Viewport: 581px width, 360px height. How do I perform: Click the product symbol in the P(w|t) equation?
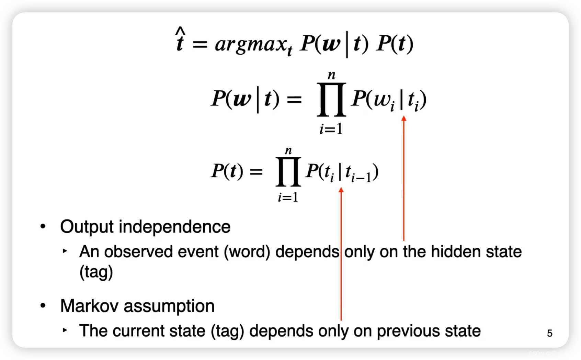point(331,100)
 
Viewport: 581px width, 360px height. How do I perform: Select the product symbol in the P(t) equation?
point(288,171)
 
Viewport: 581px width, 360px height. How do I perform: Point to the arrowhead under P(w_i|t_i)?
point(404,119)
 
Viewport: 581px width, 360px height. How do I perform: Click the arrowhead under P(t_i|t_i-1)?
point(341,190)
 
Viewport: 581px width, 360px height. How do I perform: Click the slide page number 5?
point(549,333)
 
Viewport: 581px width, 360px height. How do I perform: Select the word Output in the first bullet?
point(87,227)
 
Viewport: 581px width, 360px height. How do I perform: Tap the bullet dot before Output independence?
point(43,226)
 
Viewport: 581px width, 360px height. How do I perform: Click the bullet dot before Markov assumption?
point(43,305)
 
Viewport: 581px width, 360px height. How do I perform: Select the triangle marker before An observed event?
point(65,251)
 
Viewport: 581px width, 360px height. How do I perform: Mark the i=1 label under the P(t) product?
point(288,198)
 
